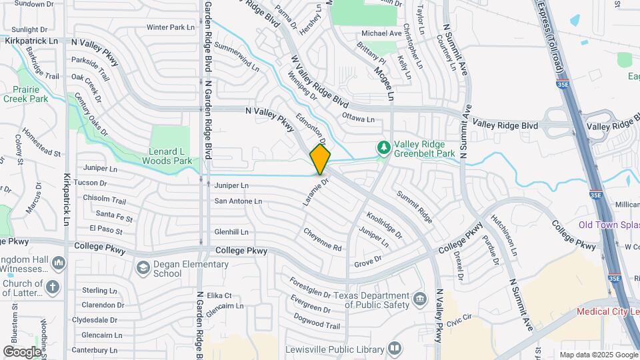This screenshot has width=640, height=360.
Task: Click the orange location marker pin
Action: pyautogui.click(x=320, y=159)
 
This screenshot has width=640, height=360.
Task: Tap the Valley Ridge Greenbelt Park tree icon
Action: pyautogui.click(x=383, y=147)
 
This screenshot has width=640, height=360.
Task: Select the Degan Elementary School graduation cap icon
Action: pyautogui.click(x=143, y=268)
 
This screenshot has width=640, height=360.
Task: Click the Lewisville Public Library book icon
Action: pyautogui.click(x=395, y=349)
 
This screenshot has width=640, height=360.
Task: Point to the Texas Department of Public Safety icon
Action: pyautogui.click(x=419, y=297)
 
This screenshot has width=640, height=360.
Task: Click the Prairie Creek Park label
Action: pyautogui.click(x=25, y=94)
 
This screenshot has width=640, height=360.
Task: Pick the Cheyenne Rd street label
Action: pyautogui.click(x=322, y=240)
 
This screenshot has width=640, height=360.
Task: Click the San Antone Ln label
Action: pyautogui.click(x=237, y=201)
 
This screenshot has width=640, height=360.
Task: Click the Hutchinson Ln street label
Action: pyautogui.click(x=503, y=235)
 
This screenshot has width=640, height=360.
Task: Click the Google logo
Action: pyautogui.click(x=22, y=351)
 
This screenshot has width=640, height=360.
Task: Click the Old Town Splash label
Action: pyautogui.click(x=609, y=225)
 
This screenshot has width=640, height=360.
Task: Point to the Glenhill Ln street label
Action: pyautogui.click(x=231, y=232)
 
